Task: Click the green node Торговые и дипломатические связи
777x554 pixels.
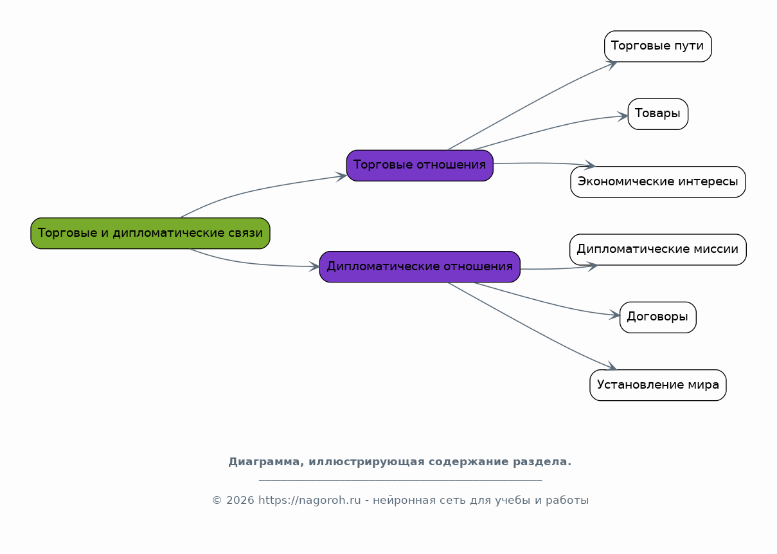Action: click(x=150, y=233)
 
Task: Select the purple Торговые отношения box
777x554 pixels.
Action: click(x=420, y=165)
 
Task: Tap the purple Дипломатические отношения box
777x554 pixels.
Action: click(x=420, y=267)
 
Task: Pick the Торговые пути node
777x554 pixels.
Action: click(x=657, y=46)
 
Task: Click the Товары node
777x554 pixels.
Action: click(x=657, y=114)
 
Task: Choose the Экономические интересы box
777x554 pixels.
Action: click(x=657, y=181)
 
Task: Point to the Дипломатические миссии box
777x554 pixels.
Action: click(x=657, y=250)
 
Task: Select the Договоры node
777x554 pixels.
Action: click(x=657, y=317)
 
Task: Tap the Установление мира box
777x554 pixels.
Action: click(x=657, y=385)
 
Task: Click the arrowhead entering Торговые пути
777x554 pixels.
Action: click(x=612, y=64)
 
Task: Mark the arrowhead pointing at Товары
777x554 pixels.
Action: click(x=623, y=116)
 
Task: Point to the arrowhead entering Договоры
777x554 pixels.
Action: click(x=615, y=315)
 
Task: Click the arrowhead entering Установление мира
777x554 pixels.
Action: click(x=611, y=367)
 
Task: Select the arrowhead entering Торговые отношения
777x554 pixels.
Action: click(x=342, y=176)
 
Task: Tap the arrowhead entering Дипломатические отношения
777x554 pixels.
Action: click(x=315, y=267)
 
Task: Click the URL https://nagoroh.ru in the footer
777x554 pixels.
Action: click(x=309, y=500)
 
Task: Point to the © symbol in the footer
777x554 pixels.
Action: click(x=217, y=501)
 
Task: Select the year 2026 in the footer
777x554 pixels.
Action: click(x=240, y=501)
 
